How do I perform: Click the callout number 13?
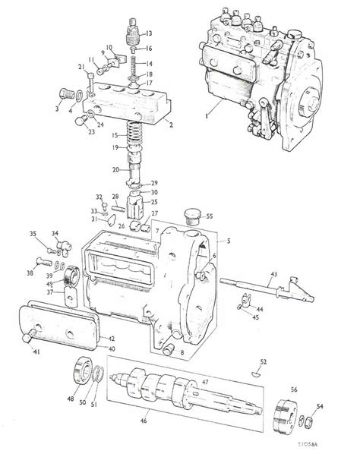[150, 33]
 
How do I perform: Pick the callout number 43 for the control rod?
[274, 274]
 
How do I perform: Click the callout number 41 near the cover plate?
[36, 352]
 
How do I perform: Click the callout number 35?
[33, 233]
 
